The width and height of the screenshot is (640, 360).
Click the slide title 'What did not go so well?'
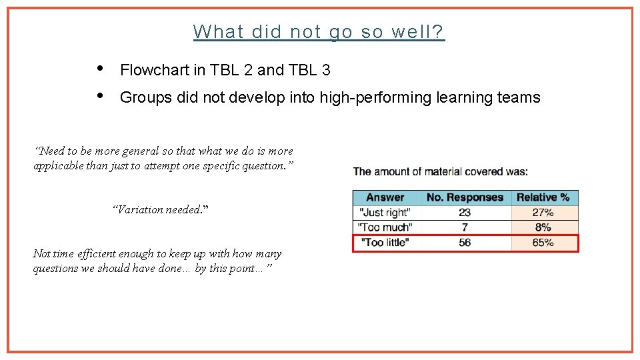point(319,31)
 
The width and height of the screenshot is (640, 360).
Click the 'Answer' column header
point(385,197)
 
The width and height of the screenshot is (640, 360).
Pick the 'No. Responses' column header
point(465,197)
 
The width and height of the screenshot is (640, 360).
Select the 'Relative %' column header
point(543,197)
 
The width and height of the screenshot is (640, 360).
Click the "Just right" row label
point(385,213)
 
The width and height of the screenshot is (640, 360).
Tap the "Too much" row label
point(385,228)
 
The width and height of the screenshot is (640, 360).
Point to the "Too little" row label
point(385,243)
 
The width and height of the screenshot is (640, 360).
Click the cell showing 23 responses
point(465,213)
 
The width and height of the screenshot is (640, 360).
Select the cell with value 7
point(465,228)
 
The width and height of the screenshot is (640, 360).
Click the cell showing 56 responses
point(465,243)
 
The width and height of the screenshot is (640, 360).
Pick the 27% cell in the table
point(543,213)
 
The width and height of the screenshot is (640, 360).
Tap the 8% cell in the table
point(543,228)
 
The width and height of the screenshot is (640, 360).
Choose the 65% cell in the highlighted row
point(543,243)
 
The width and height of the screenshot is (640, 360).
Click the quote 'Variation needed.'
point(160,209)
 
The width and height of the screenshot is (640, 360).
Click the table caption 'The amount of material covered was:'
point(440,172)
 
